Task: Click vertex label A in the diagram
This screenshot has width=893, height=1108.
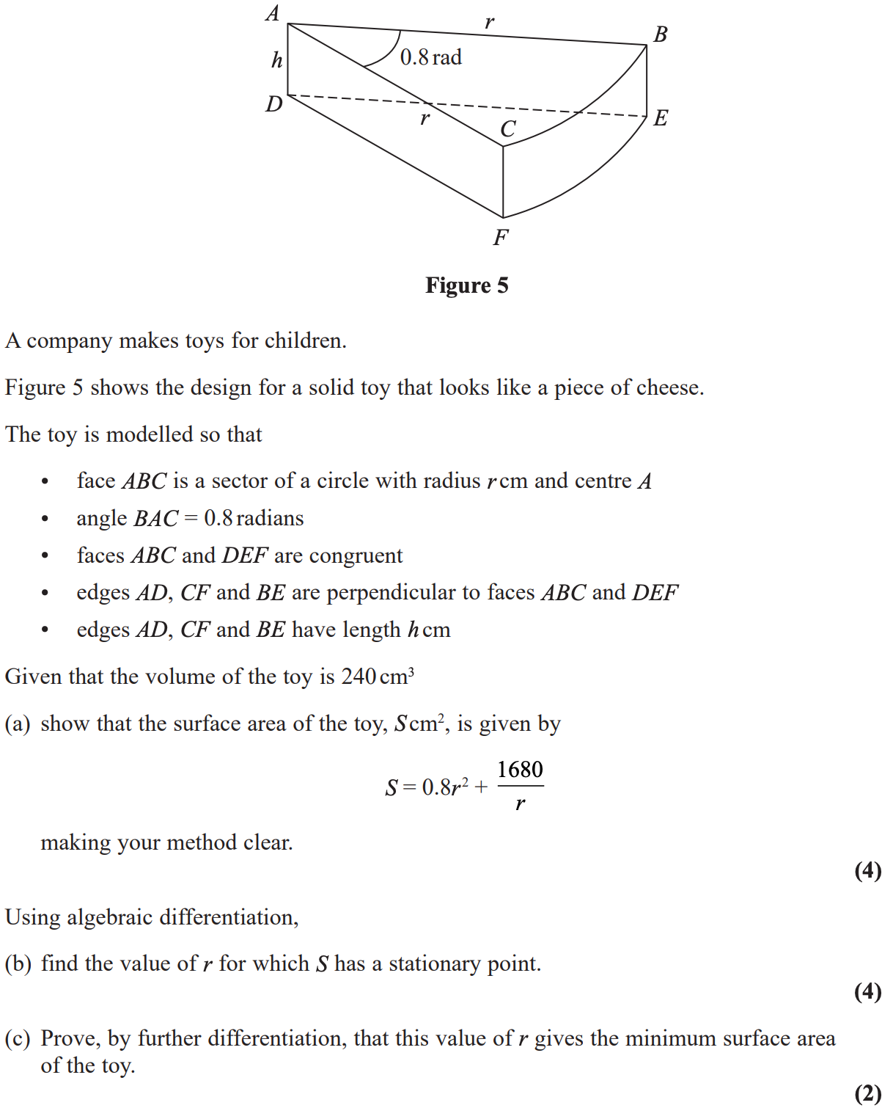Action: pyautogui.click(x=273, y=13)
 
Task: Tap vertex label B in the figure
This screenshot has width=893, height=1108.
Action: pyautogui.click(x=660, y=34)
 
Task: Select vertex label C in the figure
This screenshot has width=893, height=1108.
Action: pyautogui.click(x=507, y=129)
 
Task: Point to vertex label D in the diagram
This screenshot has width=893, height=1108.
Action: pyautogui.click(x=274, y=104)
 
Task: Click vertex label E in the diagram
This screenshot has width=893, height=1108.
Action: pyautogui.click(x=661, y=117)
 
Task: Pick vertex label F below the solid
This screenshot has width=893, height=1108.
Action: pyautogui.click(x=501, y=237)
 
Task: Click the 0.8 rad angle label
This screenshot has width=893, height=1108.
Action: pyautogui.click(x=430, y=57)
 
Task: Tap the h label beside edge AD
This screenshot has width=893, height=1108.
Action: pyautogui.click(x=276, y=60)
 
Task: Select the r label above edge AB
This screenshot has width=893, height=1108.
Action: pyautogui.click(x=489, y=22)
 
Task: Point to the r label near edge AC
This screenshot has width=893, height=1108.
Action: pyautogui.click(x=425, y=117)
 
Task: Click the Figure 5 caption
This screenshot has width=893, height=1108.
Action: pyautogui.click(x=466, y=285)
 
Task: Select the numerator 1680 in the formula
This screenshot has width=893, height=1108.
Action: pyautogui.click(x=520, y=770)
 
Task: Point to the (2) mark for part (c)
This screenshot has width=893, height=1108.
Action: pyautogui.click(x=867, y=1093)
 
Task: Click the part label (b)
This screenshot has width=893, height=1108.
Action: pyautogui.click(x=18, y=963)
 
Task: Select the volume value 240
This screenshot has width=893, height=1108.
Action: pyautogui.click(x=359, y=677)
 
